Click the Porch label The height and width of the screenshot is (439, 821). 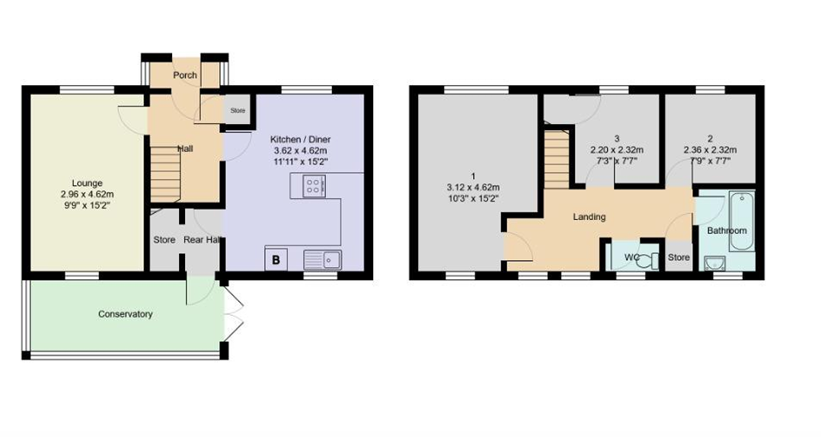pyautogui.click(x=185, y=75)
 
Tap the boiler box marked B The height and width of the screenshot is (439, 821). pyautogui.click(x=276, y=260)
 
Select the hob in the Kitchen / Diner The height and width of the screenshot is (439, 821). pyautogui.click(x=314, y=186)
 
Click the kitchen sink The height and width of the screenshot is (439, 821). pyautogui.click(x=323, y=259)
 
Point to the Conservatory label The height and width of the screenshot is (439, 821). pyautogui.click(x=126, y=314)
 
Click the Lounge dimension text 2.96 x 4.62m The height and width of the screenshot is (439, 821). pyautogui.click(x=88, y=194)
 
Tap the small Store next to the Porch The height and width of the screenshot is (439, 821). pyautogui.click(x=238, y=110)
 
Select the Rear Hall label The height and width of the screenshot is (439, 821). pyautogui.click(x=202, y=240)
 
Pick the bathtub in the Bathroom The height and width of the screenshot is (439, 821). pyautogui.click(x=742, y=222)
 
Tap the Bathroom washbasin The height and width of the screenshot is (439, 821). pyautogui.click(x=715, y=263)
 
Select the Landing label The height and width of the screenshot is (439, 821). pyautogui.click(x=589, y=217)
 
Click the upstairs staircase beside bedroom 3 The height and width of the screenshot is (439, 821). pyautogui.click(x=557, y=160)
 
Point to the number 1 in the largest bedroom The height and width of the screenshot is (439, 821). pyautogui.click(x=474, y=176)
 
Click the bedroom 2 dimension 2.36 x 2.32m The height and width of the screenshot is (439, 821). pyautogui.click(x=710, y=150)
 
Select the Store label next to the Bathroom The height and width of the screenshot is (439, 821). pyautogui.click(x=679, y=257)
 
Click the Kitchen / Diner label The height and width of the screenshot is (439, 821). pyautogui.click(x=301, y=139)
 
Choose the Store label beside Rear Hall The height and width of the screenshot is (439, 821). pyautogui.click(x=165, y=240)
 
